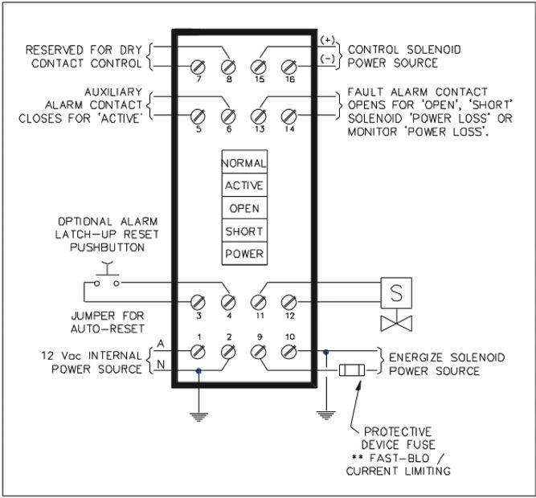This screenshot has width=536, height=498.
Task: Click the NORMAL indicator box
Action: point(243,161)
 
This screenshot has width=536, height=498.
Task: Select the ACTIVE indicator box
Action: point(243,184)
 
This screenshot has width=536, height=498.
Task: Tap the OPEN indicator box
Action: point(243,207)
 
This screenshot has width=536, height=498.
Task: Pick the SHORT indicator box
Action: point(243,231)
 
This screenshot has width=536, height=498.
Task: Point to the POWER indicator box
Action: point(243,254)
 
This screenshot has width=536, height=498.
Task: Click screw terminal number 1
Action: point(197,350)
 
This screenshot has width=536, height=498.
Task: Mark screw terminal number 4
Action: point(228,301)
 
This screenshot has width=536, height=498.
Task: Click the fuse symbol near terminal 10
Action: point(352,371)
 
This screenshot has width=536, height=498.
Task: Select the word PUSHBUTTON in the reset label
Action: point(106,248)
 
